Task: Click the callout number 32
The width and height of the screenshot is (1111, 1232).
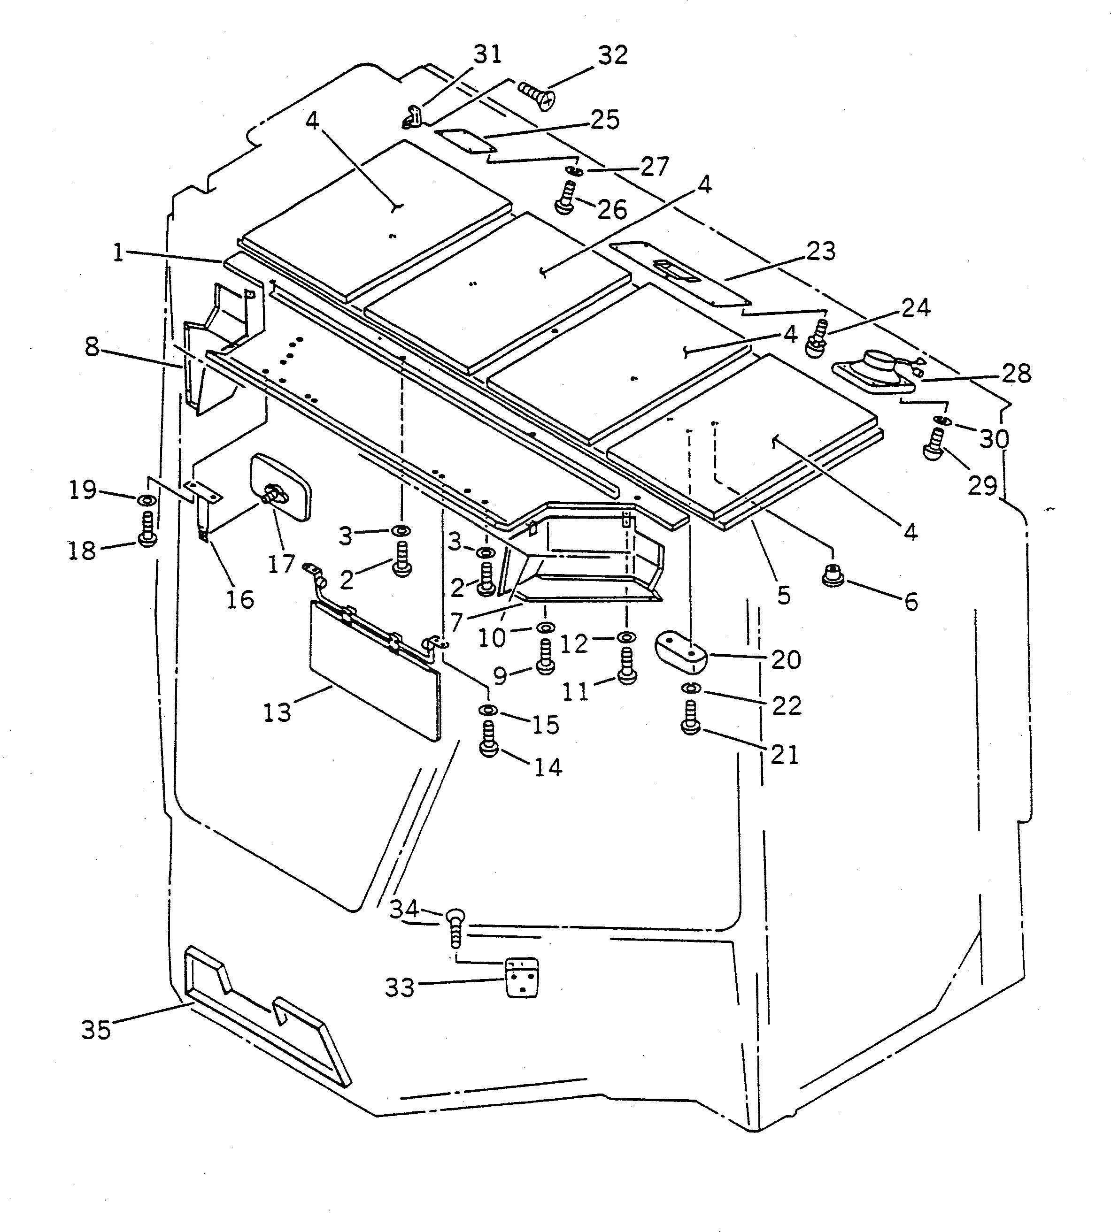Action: coord(613,55)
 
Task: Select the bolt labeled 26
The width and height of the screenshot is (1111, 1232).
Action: coord(565,198)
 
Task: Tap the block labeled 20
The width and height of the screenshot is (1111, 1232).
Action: coord(680,650)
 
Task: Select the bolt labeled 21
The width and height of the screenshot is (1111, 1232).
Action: coord(690,718)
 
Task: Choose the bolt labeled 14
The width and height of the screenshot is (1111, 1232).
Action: coord(488,739)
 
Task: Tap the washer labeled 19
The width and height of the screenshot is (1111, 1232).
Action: coord(147,500)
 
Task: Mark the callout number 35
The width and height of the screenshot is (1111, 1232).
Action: coord(96,1030)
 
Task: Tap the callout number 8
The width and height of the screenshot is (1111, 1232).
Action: coord(92,347)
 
